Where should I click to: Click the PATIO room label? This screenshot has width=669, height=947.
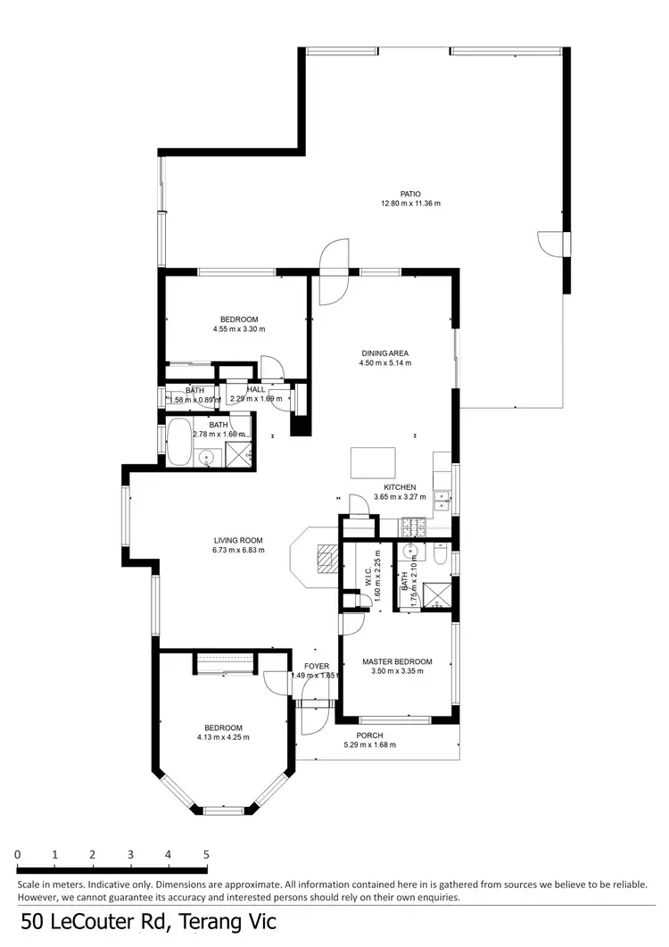[x=410, y=194]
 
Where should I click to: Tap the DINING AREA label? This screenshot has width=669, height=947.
[x=385, y=353]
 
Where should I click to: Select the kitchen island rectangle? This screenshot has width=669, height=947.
[x=374, y=463]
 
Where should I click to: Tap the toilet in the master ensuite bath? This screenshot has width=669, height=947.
[x=440, y=558]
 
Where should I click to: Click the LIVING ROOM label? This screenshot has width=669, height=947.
[x=237, y=540]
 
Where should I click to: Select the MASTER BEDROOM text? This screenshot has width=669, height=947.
[x=397, y=661]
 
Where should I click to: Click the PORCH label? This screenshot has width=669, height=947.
[x=369, y=735]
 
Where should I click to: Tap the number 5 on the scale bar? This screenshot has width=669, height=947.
[x=206, y=854]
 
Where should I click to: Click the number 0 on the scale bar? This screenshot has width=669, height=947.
[x=18, y=854]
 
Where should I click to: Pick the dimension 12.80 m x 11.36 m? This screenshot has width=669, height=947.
[x=410, y=204]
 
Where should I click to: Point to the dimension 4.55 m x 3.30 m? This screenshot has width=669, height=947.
[x=239, y=329]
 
